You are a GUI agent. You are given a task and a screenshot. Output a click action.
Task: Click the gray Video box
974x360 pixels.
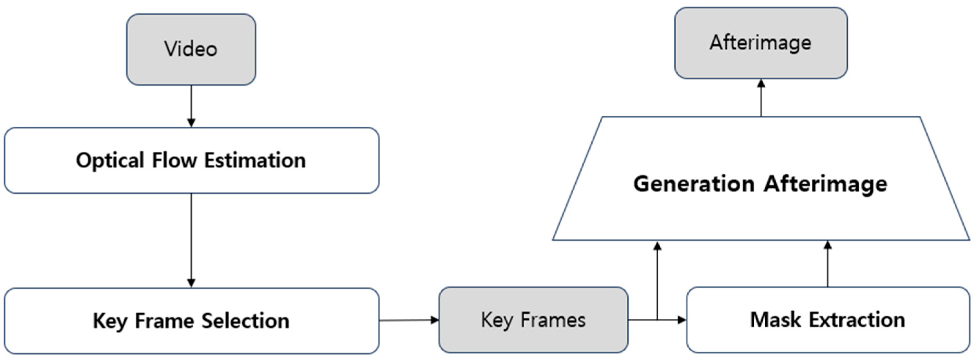[191, 49]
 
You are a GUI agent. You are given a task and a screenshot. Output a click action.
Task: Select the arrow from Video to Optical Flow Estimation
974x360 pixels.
[191, 106]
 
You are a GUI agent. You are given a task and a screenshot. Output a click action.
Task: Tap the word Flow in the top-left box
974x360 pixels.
[174, 160]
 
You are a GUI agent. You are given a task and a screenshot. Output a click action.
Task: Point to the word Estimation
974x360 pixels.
[255, 160]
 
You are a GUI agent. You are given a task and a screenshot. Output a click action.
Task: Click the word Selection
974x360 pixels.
[245, 321]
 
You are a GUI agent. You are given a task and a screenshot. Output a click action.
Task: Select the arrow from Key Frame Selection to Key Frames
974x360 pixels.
[408, 320]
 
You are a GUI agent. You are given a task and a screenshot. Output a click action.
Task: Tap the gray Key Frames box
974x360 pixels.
[533, 320]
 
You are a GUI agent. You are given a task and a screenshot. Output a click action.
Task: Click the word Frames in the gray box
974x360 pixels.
[553, 320]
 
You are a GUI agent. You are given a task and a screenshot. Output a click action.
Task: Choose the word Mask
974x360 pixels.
[775, 320]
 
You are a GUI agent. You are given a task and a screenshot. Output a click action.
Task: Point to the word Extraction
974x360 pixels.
[857, 320]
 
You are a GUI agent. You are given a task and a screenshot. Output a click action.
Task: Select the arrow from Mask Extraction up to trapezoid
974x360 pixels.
[828, 265]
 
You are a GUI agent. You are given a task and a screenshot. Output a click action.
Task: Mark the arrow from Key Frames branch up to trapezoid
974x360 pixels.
[657, 280]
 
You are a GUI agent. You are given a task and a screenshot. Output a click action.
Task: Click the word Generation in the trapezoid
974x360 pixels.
[694, 184]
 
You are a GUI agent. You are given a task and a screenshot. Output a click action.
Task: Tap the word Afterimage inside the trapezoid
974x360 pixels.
[826, 184]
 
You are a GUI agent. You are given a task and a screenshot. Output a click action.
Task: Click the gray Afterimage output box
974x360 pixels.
[761, 43]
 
